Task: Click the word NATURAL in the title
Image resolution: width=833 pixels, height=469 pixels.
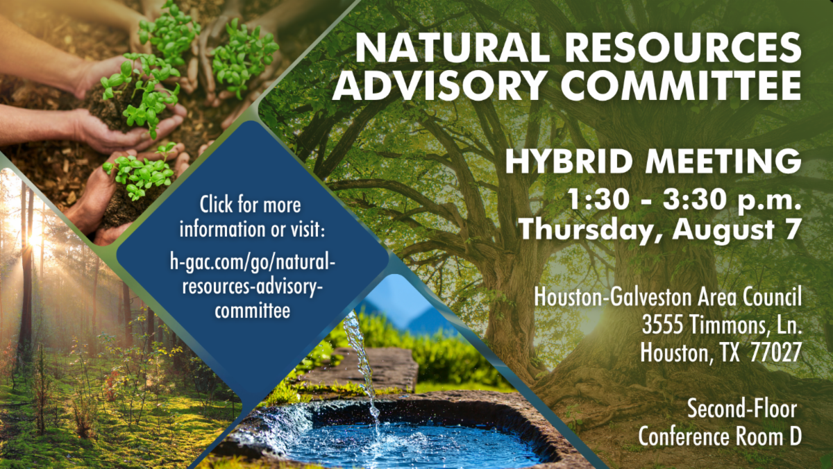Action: pyautogui.click(x=452, y=47)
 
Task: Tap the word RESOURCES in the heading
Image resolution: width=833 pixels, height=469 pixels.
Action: pyautogui.click(x=685, y=47)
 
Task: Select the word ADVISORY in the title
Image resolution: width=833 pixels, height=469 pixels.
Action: pyautogui.click(x=440, y=85)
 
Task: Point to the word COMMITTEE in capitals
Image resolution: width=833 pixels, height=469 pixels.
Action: pyautogui.click(x=681, y=85)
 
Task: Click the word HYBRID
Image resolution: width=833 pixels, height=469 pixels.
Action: pyautogui.click(x=569, y=161)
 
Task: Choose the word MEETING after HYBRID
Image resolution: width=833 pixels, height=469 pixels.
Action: pyautogui.click(x=723, y=161)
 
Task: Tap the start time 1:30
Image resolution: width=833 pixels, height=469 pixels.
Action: pyautogui.click(x=598, y=199)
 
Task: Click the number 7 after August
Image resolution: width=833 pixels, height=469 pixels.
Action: pyautogui.click(x=791, y=228)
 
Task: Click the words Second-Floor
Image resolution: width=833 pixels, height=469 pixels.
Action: pyautogui.click(x=742, y=408)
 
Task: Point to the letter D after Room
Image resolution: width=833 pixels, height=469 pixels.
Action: pyautogui.click(x=796, y=436)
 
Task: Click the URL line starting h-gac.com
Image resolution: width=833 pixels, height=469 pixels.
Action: pyautogui.click(x=253, y=262)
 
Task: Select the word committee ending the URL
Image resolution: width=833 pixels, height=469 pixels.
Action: pyautogui.click(x=253, y=311)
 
